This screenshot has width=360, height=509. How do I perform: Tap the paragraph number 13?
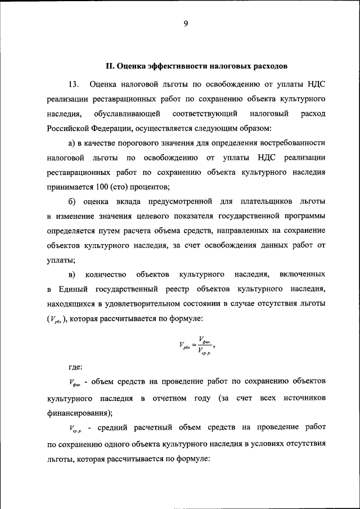[73, 84]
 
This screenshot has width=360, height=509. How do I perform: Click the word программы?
[305, 216]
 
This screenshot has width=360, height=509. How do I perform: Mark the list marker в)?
[72, 274]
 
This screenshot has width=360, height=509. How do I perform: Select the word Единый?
[70, 289]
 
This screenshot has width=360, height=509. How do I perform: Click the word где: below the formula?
[75, 367]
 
